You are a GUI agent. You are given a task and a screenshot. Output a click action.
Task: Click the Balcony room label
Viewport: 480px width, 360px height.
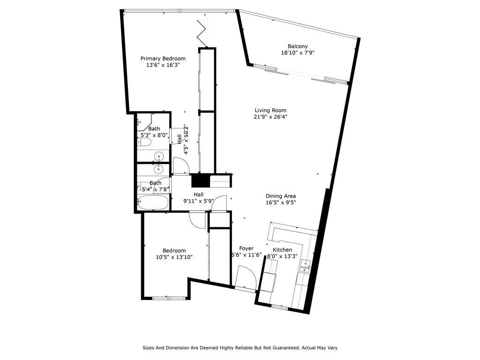[x=298, y=46]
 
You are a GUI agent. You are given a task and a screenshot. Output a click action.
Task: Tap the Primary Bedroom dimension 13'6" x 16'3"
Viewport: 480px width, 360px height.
[x=163, y=65]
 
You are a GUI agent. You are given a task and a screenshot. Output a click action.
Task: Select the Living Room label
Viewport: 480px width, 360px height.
[x=270, y=110]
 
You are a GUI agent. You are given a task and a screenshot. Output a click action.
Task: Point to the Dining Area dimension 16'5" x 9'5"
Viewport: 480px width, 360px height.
[x=281, y=202]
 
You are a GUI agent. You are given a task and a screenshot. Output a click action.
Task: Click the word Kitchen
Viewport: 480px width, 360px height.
[x=282, y=250]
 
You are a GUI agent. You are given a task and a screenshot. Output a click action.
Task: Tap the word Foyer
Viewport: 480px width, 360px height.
[x=247, y=248]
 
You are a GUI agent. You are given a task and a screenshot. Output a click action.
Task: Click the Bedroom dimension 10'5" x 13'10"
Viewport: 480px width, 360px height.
[x=174, y=257]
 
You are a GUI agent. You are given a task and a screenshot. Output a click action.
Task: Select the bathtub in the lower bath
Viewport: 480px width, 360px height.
[x=153, y=202]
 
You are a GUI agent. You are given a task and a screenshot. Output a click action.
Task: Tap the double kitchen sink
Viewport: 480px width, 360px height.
[x=305, y=266]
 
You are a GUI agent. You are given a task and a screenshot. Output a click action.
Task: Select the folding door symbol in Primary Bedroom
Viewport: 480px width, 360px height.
[x=201, y=31]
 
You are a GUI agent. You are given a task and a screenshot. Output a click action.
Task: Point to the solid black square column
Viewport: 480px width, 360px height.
[x=201, y=180]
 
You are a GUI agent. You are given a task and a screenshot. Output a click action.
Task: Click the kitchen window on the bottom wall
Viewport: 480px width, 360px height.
[x=280, y=307]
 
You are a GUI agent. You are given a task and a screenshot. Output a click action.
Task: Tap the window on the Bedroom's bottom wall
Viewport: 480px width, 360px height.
[x=167, y=298]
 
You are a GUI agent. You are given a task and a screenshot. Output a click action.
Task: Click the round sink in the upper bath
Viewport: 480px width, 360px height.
[x=158, y=156]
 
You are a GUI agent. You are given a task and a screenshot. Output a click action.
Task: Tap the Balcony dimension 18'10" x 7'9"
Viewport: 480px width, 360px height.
[x=298, y=52]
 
